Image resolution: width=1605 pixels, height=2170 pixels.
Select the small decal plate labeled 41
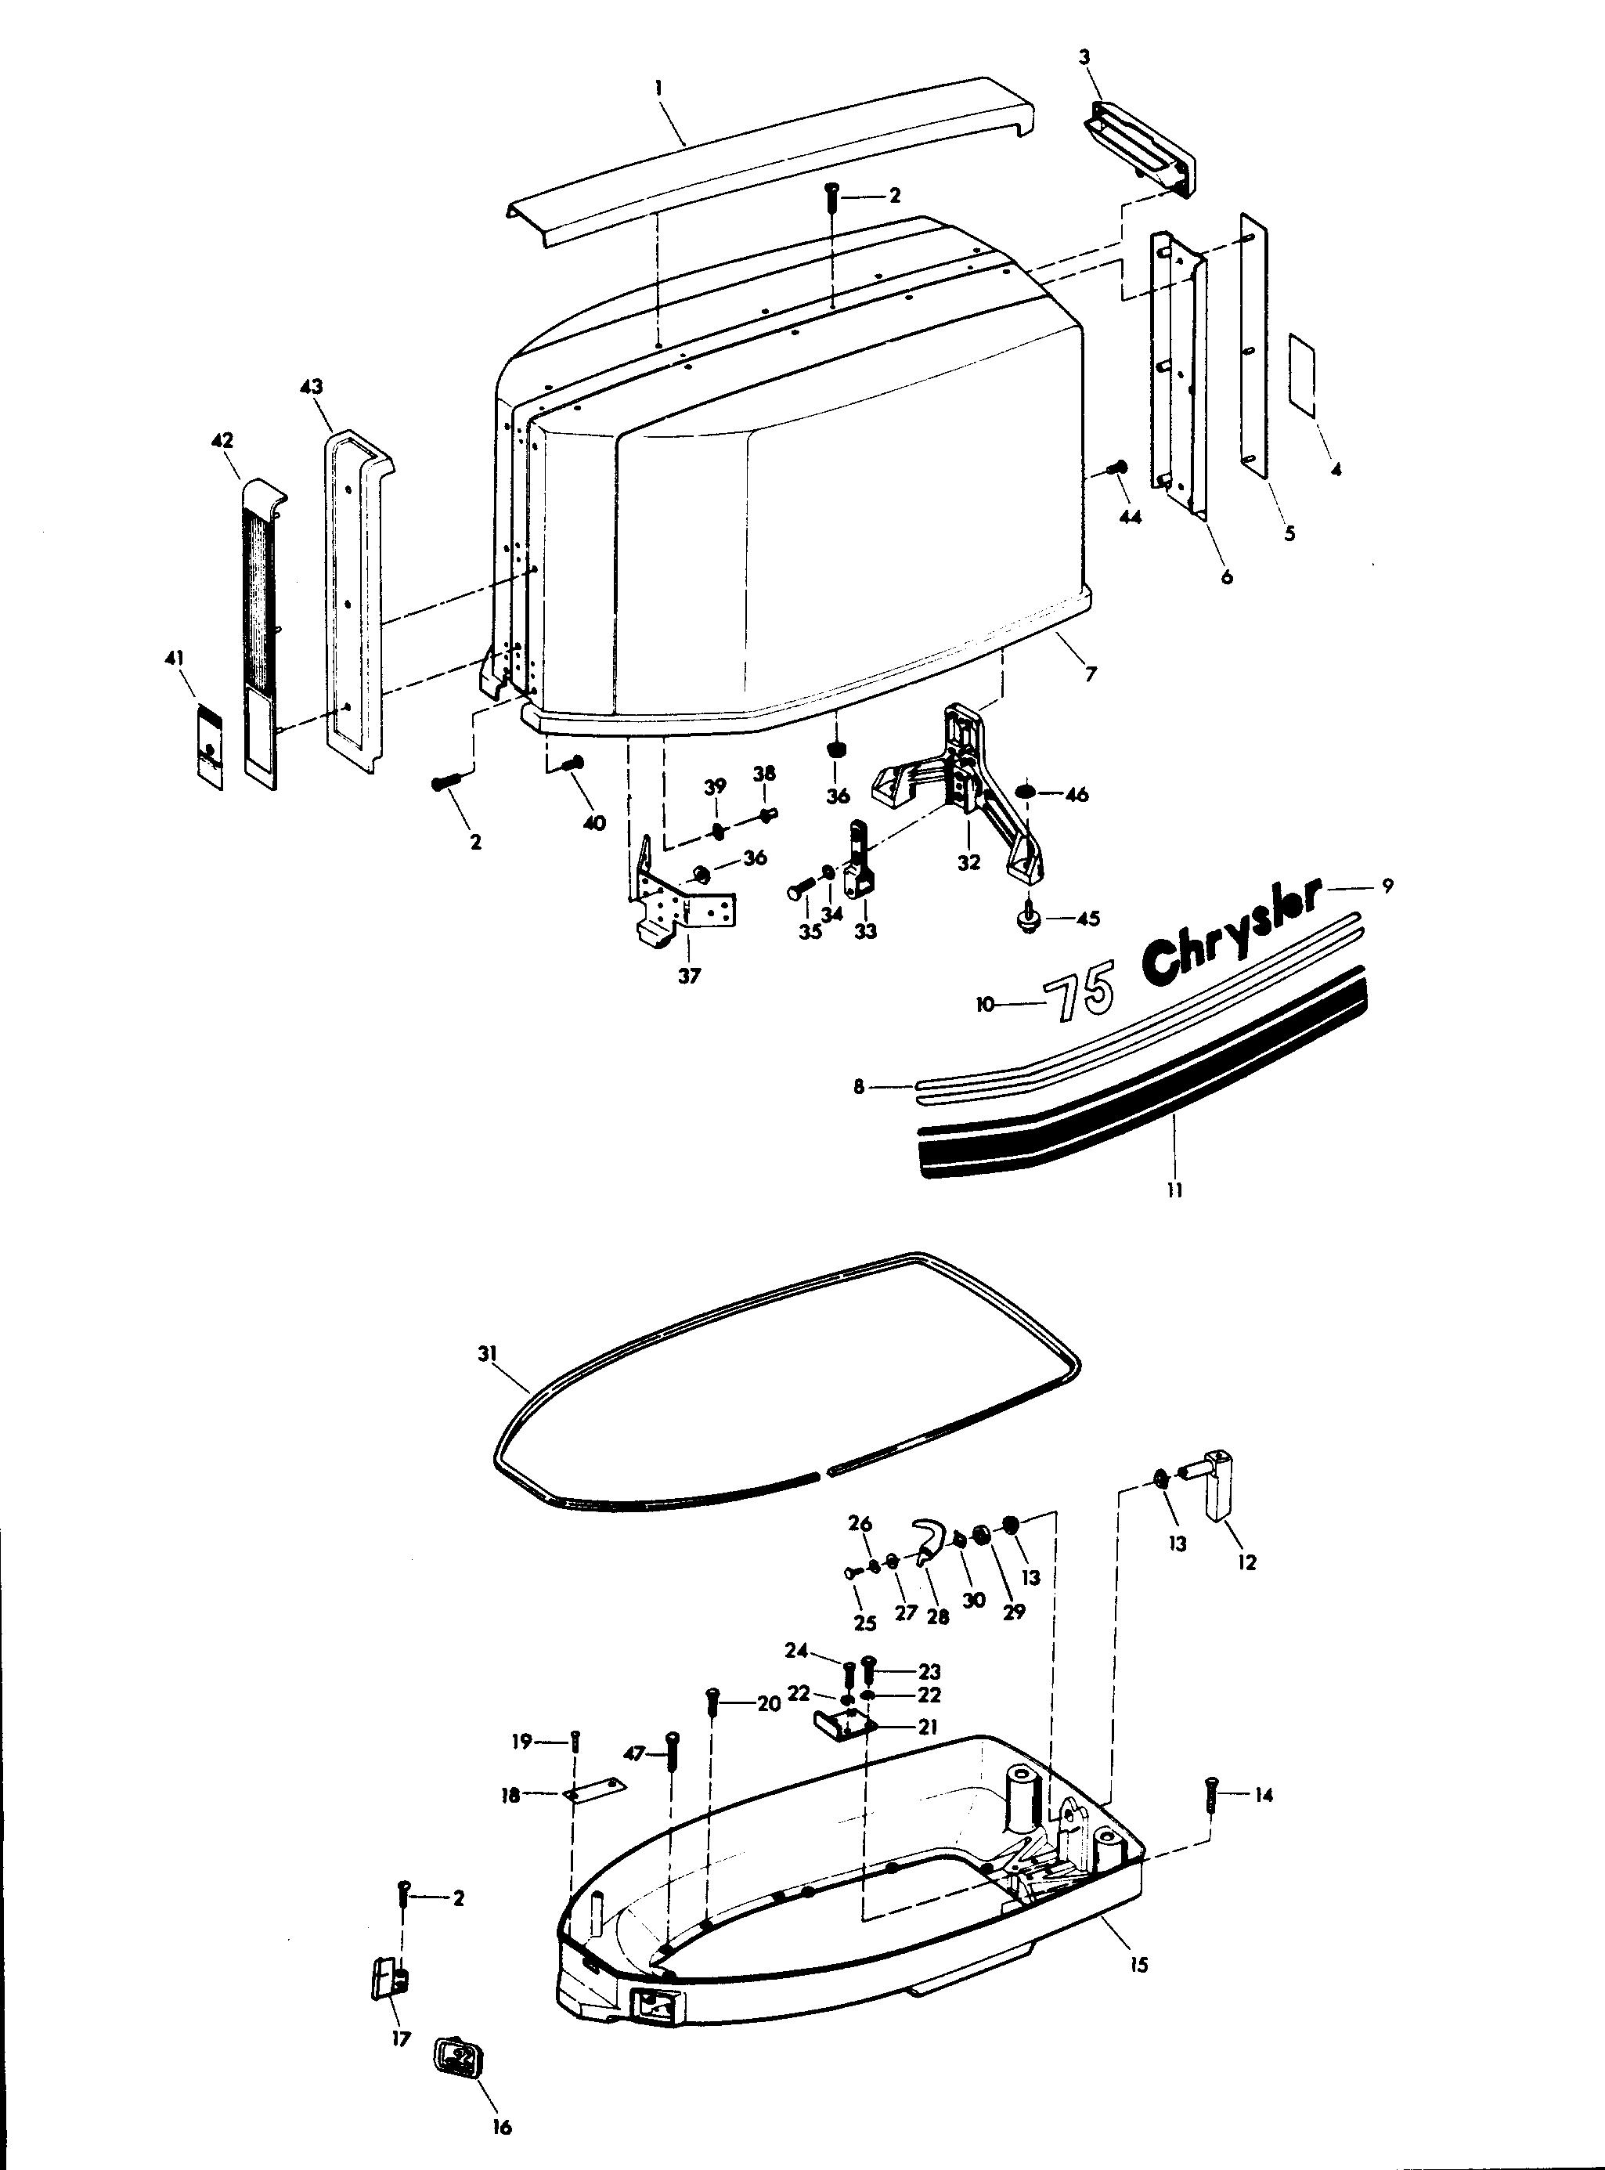pyautogui.click(x=210, y=746)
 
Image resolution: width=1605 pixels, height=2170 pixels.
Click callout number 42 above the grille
pyautogui.click(x=222, y=440)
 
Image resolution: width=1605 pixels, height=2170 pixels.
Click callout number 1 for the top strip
pyautogui.click(x=658, y=86)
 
